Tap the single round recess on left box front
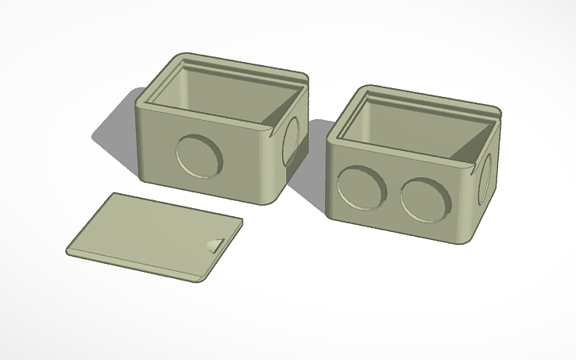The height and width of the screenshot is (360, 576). point(199,156)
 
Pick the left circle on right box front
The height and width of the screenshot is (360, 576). point(361,188)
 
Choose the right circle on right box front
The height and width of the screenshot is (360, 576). point(427,199)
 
